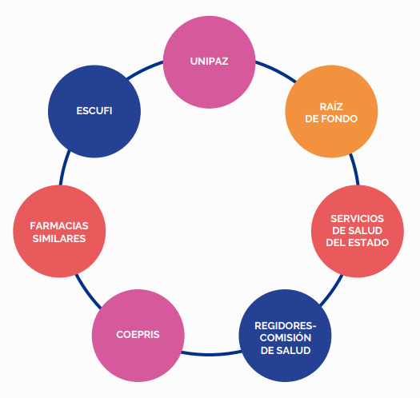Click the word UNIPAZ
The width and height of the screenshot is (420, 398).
pos(209,62)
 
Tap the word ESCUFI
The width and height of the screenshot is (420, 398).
pos(94,111)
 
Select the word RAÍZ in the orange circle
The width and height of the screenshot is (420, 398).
pos(331,106)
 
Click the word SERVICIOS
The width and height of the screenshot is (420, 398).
pos(358,219)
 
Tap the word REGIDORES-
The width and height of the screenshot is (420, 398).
pos(286,326)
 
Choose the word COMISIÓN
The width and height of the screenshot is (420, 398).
pos(286,337)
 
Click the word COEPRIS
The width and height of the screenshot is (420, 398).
pos(138,335)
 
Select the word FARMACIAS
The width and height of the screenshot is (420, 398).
pos(59,226)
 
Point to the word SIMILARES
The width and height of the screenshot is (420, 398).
pos(59,238)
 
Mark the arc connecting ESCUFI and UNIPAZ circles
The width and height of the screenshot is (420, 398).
pos(145,70)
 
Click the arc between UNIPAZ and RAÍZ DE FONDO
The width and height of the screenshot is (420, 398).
pos(277,70)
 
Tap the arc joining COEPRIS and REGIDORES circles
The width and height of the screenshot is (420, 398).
pos(212,355)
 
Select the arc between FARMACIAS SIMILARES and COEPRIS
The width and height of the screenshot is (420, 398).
pos(87,293)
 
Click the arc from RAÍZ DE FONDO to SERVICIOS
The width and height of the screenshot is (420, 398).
pos(354,169)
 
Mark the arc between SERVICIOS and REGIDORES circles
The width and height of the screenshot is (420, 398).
pos(333,291)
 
